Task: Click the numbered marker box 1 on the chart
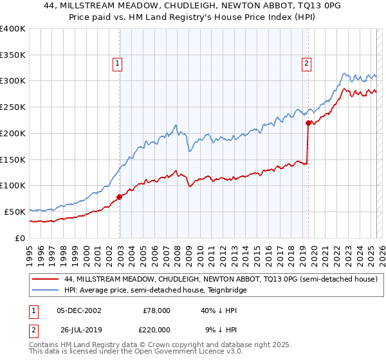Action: pyautogui.click(x=119, y=63)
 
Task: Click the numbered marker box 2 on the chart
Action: pyautogui.click(x=306, y=63)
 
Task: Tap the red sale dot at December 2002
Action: pyautogui.click(x=120, y=197)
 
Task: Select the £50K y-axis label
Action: pyautogui.click(x=15, y=212)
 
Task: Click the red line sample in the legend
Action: pyautogui.click(x=46, y=280)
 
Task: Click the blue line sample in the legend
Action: pyautogui.click(x=46, y=291)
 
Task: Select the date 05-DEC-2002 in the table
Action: pyautogui.click(x=78, y=310)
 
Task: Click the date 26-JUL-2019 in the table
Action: pyautogui.click(x=78, y=329)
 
